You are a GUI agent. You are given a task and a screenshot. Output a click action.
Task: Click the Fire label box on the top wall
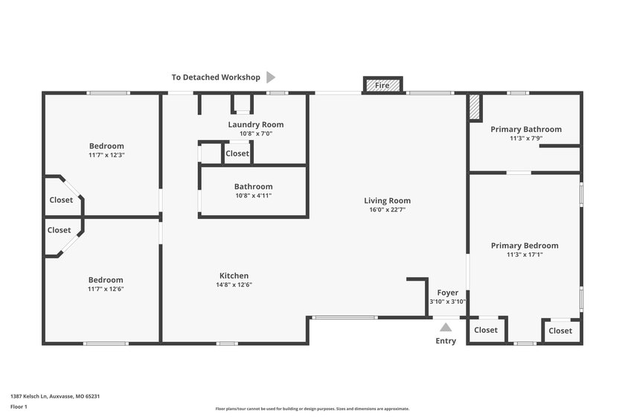(382, 86)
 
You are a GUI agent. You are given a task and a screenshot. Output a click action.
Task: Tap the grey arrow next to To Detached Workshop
(271, 77)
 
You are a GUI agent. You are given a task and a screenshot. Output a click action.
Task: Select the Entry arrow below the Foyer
(445, 326)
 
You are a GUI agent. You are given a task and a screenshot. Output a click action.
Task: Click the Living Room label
(387, 200)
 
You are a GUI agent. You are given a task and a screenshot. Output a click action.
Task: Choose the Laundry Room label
(255, 124)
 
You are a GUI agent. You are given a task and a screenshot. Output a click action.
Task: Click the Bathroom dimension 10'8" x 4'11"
(253, 196)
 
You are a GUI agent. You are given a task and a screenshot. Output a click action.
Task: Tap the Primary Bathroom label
(525, 129)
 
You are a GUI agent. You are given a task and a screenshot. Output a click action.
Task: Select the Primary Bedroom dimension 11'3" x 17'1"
(524, 255)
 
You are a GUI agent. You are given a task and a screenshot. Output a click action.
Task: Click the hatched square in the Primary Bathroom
(475, 108)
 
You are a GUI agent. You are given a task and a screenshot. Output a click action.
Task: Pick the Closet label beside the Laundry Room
(237, 153)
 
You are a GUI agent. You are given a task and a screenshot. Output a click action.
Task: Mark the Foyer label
(447, 293)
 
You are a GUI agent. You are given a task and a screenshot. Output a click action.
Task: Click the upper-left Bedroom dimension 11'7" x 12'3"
(106, 155)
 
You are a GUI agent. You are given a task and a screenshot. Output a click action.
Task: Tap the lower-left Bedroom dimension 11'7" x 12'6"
(106, 289)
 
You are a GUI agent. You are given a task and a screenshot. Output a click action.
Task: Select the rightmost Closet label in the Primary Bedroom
(560, 331)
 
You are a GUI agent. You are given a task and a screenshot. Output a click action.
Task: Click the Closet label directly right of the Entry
(486, 330)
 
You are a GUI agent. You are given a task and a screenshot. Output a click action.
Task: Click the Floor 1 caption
(19, 407)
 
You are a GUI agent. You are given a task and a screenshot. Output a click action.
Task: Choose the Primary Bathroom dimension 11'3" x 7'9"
(525, 139)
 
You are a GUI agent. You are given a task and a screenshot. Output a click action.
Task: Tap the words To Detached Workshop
(216, 77)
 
